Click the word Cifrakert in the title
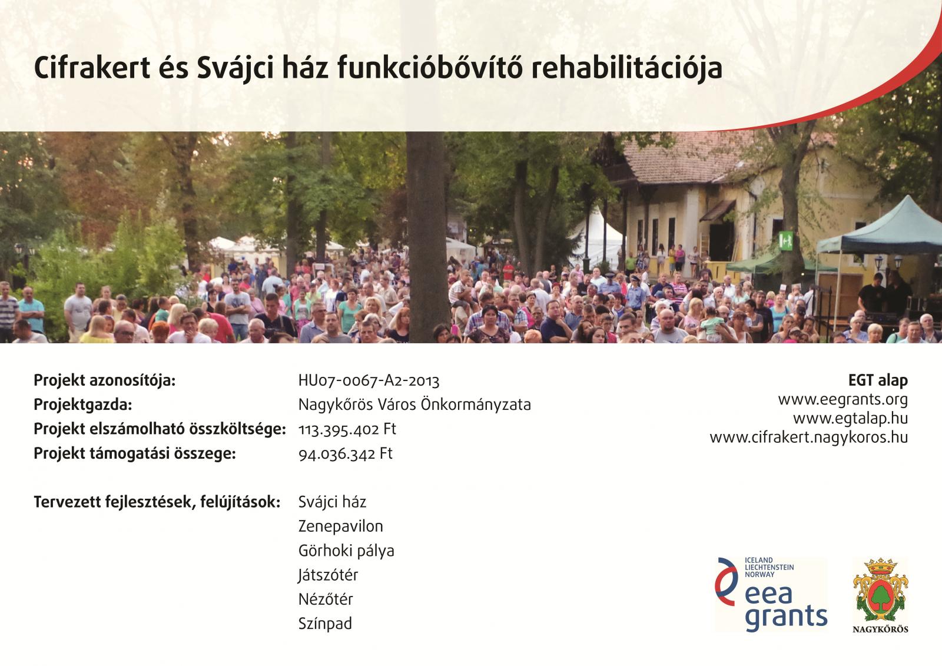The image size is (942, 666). click(92, 67)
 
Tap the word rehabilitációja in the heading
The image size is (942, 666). click(626, 67)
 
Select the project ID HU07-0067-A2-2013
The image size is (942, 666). click(369, 381)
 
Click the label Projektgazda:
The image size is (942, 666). click(83, 405)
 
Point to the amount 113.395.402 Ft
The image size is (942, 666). click(347, 429)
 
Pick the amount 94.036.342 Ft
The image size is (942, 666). click(346, 453)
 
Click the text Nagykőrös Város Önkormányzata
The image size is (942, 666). click(414, 405)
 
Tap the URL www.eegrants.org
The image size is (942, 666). click(843, 400)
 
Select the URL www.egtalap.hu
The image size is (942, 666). click(850, 419)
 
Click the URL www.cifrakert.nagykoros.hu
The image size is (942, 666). click(809, 438)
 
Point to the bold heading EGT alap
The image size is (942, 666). click(878, 381)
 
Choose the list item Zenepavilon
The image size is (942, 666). click(341, 526)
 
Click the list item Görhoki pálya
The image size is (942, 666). click(346, 551)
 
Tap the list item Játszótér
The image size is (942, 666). click(328, 575)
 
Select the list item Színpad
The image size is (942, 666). click(325, 624)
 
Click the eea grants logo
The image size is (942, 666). click(771, 594)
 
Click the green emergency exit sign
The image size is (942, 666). click(785, 241)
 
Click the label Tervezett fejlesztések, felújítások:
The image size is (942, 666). click(157, 502)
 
